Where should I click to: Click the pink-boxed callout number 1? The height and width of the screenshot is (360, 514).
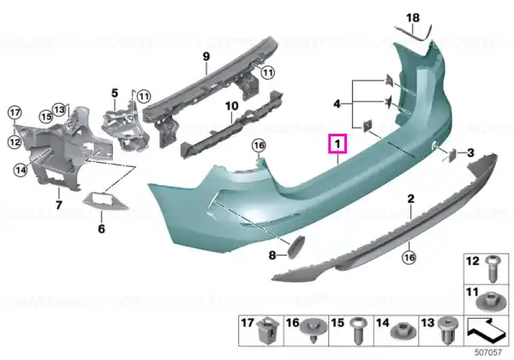[x=338, y=144]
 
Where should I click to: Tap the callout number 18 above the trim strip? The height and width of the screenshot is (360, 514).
[x=413, y=17]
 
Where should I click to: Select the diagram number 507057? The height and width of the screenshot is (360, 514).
[x=488, y=352]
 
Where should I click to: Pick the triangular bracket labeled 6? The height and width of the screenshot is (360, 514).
[x=104, y=201]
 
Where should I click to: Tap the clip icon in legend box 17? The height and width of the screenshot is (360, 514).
[x=268, y=330]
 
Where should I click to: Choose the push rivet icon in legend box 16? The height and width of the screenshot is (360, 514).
[x=314, y=330]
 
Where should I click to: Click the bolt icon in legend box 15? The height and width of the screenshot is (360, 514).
[x=357, y=331]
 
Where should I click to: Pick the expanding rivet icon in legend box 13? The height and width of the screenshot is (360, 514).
[x=447, y=330]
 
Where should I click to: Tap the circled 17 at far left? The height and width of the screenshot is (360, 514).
[x=15, y=113]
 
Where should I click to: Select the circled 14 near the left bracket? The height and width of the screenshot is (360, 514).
[x=21, y=171]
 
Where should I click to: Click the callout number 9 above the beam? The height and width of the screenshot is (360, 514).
[x=206, y=56]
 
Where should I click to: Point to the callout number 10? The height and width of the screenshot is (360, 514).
[x=231, y=106]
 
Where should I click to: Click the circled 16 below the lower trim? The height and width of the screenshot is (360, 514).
[x=409, y=257]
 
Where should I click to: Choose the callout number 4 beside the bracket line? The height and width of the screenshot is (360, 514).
[x=338, y=105]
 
